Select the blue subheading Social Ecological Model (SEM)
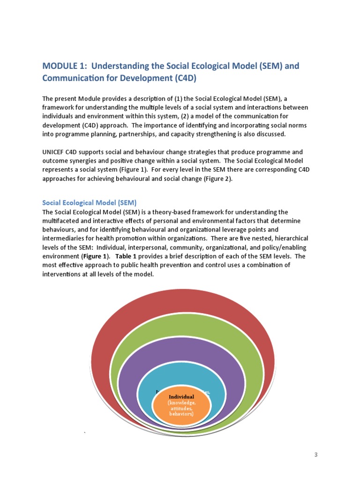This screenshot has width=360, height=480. click(89, 203)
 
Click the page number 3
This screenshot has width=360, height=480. click(316, 455)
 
